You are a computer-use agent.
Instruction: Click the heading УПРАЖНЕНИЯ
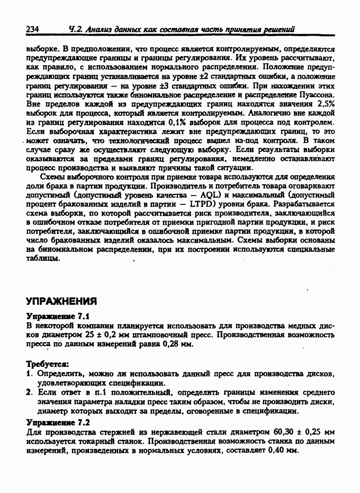pos(62,300)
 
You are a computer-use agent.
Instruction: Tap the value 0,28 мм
pos(176,344)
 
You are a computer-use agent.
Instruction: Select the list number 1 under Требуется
pos(28,374)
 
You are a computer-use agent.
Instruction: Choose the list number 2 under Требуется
pos(28,392)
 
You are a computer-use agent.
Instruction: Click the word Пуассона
pos(317,95)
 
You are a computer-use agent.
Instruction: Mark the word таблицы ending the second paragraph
pos(43,258)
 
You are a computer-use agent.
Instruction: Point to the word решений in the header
pos(279,29)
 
